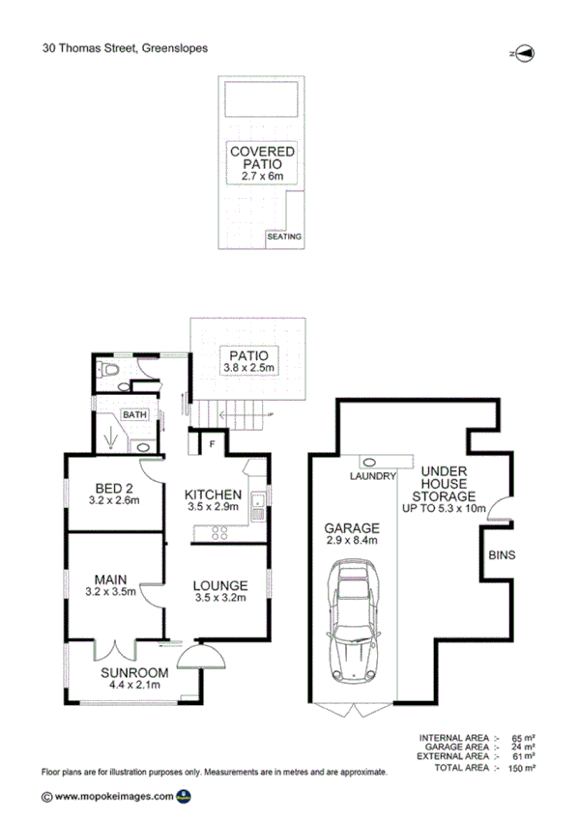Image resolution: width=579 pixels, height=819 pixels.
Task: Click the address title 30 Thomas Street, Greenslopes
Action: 125,46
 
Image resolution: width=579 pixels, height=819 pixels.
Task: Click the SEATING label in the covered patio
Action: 284,237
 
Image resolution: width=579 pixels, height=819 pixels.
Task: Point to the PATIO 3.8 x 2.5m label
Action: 247,361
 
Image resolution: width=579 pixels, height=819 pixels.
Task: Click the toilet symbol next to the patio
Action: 111,371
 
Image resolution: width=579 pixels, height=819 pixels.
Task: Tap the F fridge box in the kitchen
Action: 212,443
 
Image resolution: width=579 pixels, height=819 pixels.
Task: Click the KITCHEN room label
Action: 213,500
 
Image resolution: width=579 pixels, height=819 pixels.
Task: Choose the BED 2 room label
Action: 114,493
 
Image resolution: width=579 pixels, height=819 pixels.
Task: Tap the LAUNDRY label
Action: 374,476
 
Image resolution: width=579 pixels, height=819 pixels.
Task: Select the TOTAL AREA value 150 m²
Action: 523,768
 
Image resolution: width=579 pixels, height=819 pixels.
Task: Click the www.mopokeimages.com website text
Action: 114,797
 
